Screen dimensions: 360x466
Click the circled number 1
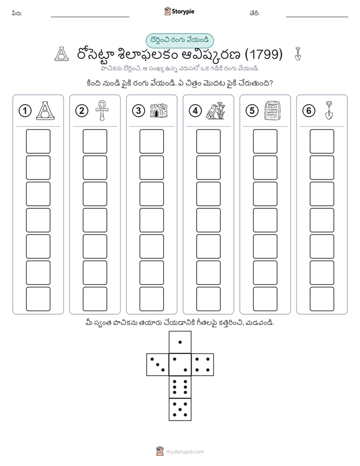25,111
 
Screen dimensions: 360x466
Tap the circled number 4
195,111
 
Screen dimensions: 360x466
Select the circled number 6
309,111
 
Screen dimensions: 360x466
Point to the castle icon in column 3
159,110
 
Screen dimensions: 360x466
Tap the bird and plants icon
216,110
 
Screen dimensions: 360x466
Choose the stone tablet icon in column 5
272,110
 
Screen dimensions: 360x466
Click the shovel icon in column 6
329,110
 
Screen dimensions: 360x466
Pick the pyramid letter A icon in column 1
45,110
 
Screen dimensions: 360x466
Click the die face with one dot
180,342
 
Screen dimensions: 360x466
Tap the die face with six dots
180,387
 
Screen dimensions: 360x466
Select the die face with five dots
180,409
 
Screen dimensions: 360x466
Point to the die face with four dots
203,365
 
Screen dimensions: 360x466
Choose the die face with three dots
158,365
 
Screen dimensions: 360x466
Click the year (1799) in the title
264,54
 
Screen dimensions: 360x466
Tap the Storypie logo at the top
179,11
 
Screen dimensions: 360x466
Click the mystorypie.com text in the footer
185,452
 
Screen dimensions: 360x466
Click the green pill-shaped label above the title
179,40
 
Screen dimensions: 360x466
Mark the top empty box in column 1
38,141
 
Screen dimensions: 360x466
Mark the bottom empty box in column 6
322,299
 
